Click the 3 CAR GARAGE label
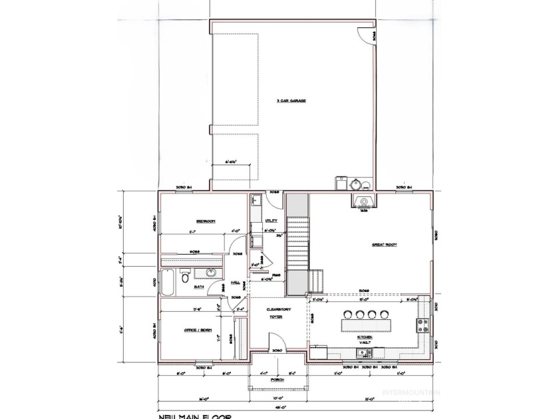(x=287, y=101)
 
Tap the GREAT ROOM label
(x=384, y=245)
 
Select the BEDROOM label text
(x=205, y=221)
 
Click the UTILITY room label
(x=271, y=220)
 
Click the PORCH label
(x=278, y=379)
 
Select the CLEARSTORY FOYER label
(x=276, y=313)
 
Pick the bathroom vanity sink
(x=211, y=273)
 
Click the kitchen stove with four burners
(x=421, y=326)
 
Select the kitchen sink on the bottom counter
(x=319, y=351)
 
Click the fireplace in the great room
(x=363, y=202)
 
